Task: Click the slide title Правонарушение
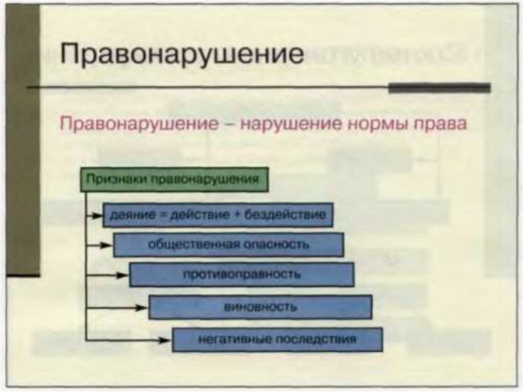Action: pos(181,54)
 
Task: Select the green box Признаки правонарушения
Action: pos(174,179)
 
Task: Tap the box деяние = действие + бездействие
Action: pos(218,215)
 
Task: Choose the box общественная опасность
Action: pos(228,245)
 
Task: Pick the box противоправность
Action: pos(242,274)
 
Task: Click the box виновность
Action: pos(260,307)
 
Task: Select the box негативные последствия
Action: pos(277,339)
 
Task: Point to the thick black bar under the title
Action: pos(439,88)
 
